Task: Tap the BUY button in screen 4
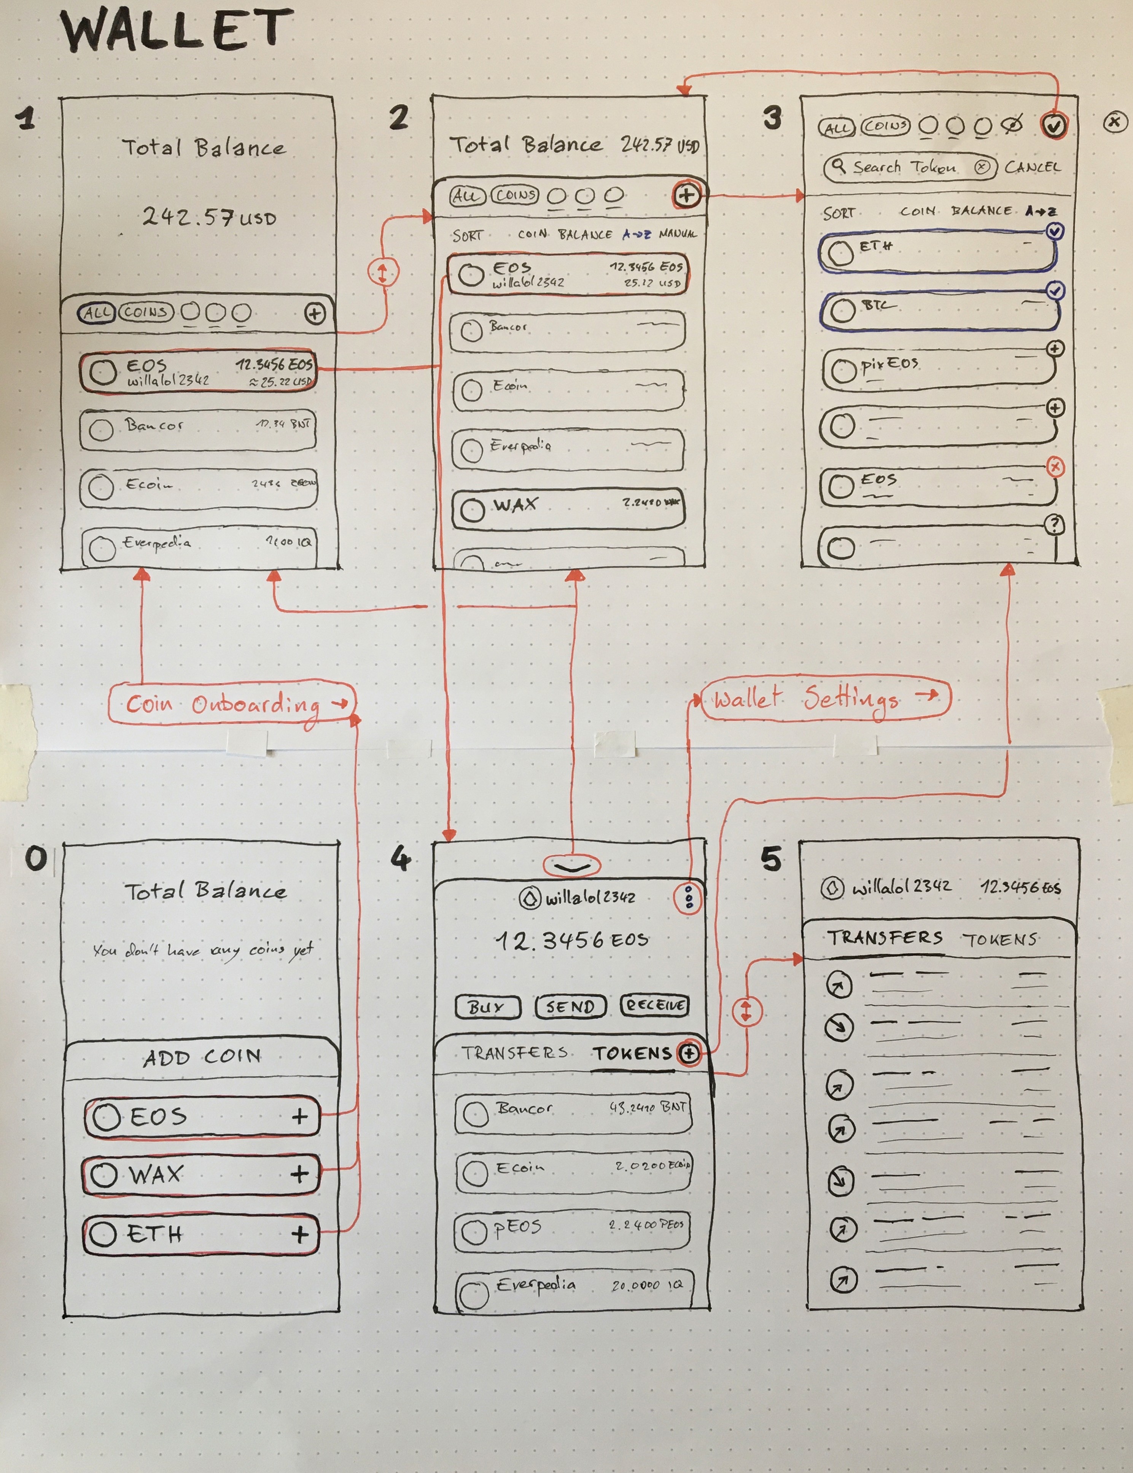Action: coord(487,1007)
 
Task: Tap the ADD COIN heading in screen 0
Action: coord(202,1057)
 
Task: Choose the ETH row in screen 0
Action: coord(201,1234)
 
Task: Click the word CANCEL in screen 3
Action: coord(1032,167)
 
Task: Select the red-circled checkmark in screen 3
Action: coord(1053,125)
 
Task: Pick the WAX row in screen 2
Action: coord(568,507)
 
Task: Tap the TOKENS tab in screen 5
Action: coord(999,939)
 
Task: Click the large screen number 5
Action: coord(772,859)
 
